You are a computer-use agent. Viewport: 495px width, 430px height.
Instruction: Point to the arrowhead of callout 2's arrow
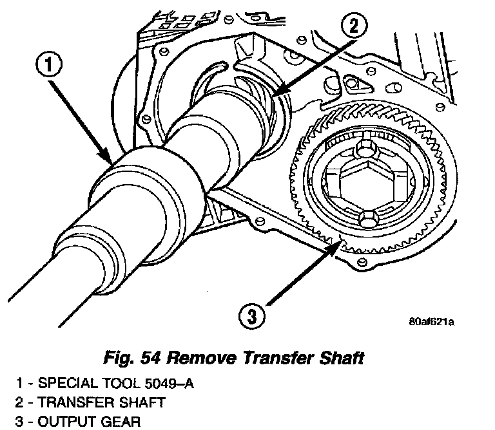(x=273, y=98)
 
